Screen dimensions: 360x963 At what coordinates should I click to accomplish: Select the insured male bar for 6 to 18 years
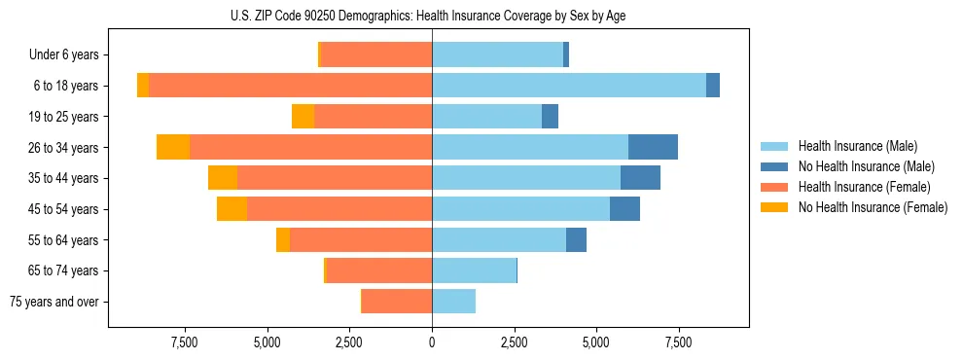[569, 86]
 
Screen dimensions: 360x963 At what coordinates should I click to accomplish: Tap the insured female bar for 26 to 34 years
[311, 147]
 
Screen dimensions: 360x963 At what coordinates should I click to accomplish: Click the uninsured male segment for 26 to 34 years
[653, 147]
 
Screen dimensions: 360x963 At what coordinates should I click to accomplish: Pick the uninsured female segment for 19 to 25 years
[303, 117]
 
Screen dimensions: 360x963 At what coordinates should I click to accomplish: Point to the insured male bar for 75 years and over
[453, 302]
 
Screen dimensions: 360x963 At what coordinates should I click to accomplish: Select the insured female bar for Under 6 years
[376, 54]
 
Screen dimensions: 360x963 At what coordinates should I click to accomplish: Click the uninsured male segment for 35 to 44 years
[640, 178]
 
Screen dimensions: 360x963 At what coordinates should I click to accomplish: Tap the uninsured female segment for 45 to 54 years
[232, 209]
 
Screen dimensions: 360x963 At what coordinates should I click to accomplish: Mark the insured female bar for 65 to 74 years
[379, 270]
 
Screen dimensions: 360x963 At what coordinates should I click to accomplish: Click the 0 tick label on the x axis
[432, 342]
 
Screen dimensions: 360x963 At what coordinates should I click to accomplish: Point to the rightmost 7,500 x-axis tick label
[678, 342]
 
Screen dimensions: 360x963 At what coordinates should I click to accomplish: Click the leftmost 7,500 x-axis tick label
[185, 342]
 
